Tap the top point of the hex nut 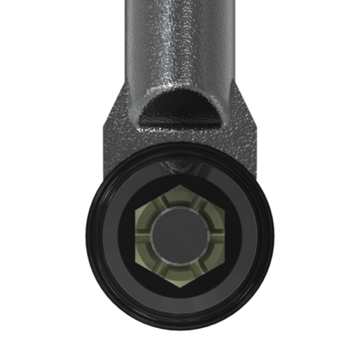(180, 184)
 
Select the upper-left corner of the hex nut (135, 210)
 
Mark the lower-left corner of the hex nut (135, 262)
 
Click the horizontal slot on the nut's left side (143, 235)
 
